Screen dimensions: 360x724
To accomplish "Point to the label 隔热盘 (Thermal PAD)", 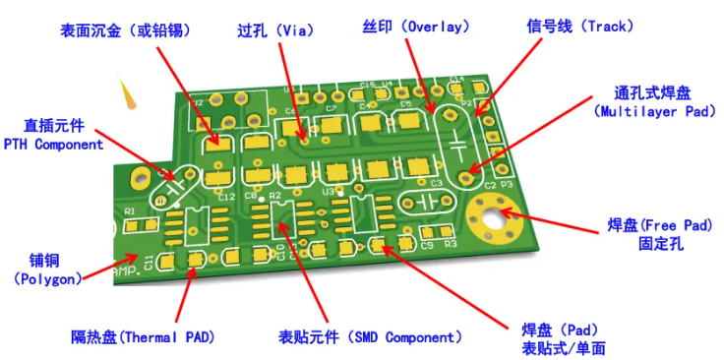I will pyautogui.click(x=143, y=337).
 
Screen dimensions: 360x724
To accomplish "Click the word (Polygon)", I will pyautogui.click(x=47, y=279).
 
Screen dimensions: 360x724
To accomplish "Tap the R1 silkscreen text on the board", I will pyautogui.click(x=128, y=210).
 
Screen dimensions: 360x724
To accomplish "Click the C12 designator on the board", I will pyautogui.click(x=225, y=197).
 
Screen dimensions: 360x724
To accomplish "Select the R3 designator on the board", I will pyautogui.click(x=451, y=243).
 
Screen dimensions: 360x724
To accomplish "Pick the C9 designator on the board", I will pyautogui.click(x=426, y=244).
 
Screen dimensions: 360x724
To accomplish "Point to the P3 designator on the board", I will pyautogui.click(x=506, y=184).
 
